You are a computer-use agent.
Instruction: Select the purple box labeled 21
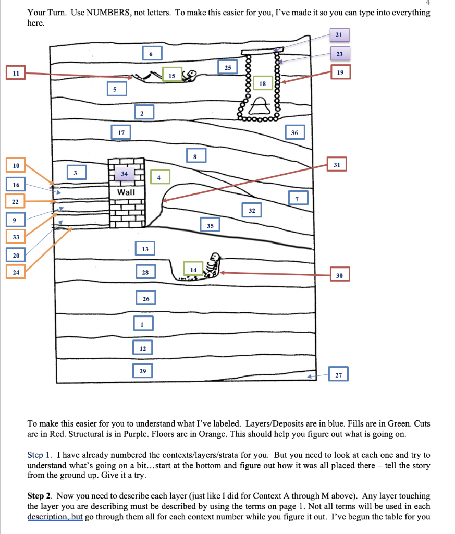pos(339,35)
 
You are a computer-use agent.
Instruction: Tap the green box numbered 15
pos(171,76)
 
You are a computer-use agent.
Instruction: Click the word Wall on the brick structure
pos(126,192)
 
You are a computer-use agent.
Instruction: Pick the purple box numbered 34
pos(124,173)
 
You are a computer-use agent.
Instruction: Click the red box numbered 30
pos(340,275)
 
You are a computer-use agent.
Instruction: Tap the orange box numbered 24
pos(16,271)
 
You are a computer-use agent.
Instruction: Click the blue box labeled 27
pos(339,375)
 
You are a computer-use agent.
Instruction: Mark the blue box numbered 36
pos(294,133)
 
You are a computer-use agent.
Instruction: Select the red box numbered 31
pos(337,165)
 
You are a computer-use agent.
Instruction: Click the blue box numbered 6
pos(151,54)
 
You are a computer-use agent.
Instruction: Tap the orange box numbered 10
pos(16,166)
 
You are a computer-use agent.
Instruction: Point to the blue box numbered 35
pos(210,226)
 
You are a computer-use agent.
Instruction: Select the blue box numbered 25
pos(228,68)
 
